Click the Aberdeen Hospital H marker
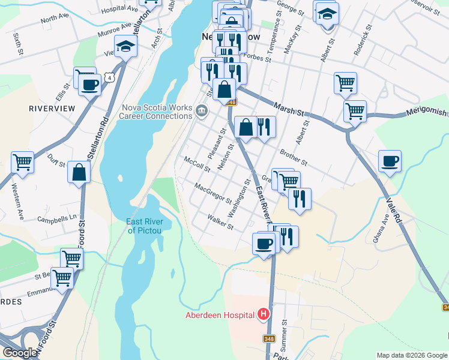pyautogui.click(x=263, y=314)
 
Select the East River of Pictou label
pyautogui.click(x=149, y=226)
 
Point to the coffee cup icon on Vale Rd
pyautogui.click(x=390, y=161)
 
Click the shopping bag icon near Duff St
pyautogui.click(x=79, y=172)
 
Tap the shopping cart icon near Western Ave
pyautogui.click(x=22, y=162)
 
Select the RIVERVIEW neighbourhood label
pyautogui.click(x=52, y=108)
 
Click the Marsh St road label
pyautogui.click(x=289, y=109)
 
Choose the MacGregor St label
pyautogui.click(x=213, y=193)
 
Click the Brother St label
pyautogui.click(x=293, y=158)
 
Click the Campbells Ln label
pyautogui.click(x=58, y=217)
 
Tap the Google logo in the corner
pyautogui.click(x=20, y=353)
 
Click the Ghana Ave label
pyautogui.click(x=382, y=229)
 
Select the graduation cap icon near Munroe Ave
pyautogui.click(x=125, y=46)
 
